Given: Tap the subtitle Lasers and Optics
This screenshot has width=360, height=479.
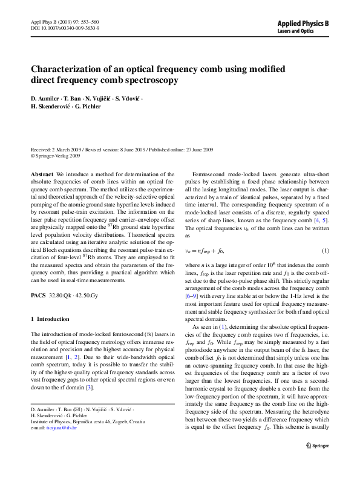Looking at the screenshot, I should click(294, 30).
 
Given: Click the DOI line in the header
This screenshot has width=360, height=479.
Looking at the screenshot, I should click(65, 28).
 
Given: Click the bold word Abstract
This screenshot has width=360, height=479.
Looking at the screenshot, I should click(42, 173).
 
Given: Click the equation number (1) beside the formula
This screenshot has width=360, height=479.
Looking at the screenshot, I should click(326, 251).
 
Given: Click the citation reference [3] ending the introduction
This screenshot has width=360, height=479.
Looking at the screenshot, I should click(90, 387).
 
